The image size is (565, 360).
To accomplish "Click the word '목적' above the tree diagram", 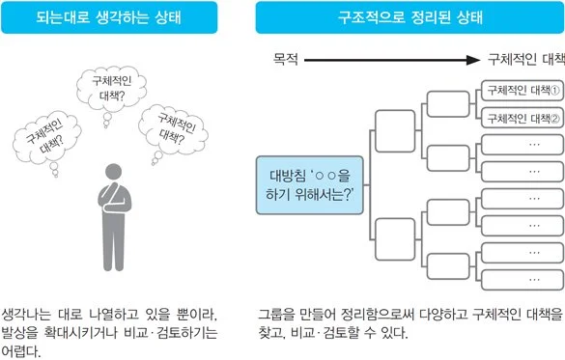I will tap(286, 60).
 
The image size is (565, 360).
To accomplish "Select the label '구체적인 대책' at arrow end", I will tap(524, 60).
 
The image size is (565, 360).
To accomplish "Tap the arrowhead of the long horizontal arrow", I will tap(472, 60).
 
